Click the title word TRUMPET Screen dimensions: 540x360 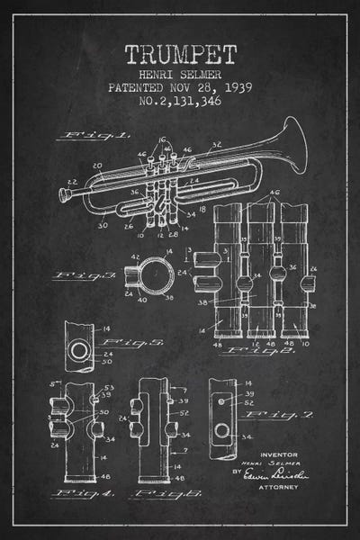(x=180, y=53)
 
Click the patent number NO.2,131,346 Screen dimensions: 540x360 (x=180, y=102)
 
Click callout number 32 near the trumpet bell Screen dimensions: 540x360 (x=216, y=143)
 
